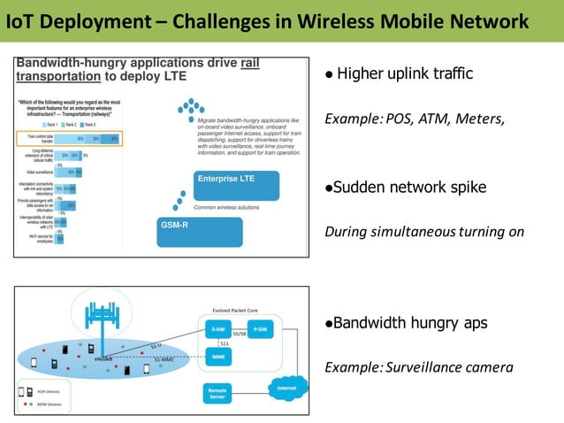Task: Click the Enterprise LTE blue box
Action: click(236, 185)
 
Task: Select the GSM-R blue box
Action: click(199, 231)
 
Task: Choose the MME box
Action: click(218, 357)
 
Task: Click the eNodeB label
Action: click(103, 359)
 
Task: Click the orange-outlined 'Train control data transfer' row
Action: click(71, 137)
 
